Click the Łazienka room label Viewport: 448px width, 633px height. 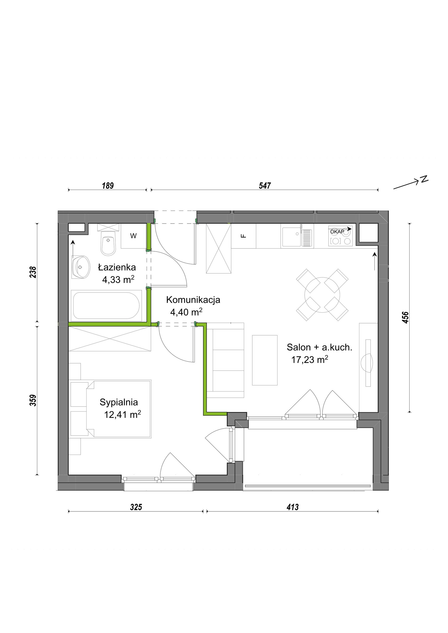coord(117,267)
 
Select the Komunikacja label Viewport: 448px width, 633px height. coord(193,300)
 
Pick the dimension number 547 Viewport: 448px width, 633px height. coord(265,186)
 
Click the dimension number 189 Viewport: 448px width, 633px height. coord(108,186)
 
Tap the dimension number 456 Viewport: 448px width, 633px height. coord(405,317)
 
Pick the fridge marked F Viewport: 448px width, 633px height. coord(243,236)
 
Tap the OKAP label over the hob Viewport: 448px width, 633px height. coord(337,232)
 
